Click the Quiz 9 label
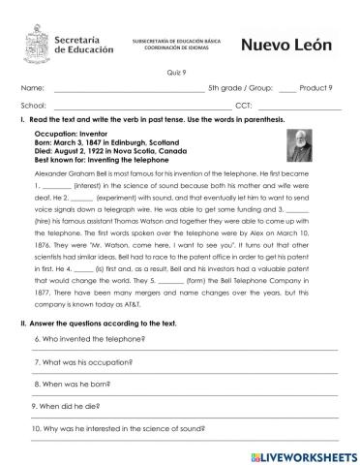(179, 72)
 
